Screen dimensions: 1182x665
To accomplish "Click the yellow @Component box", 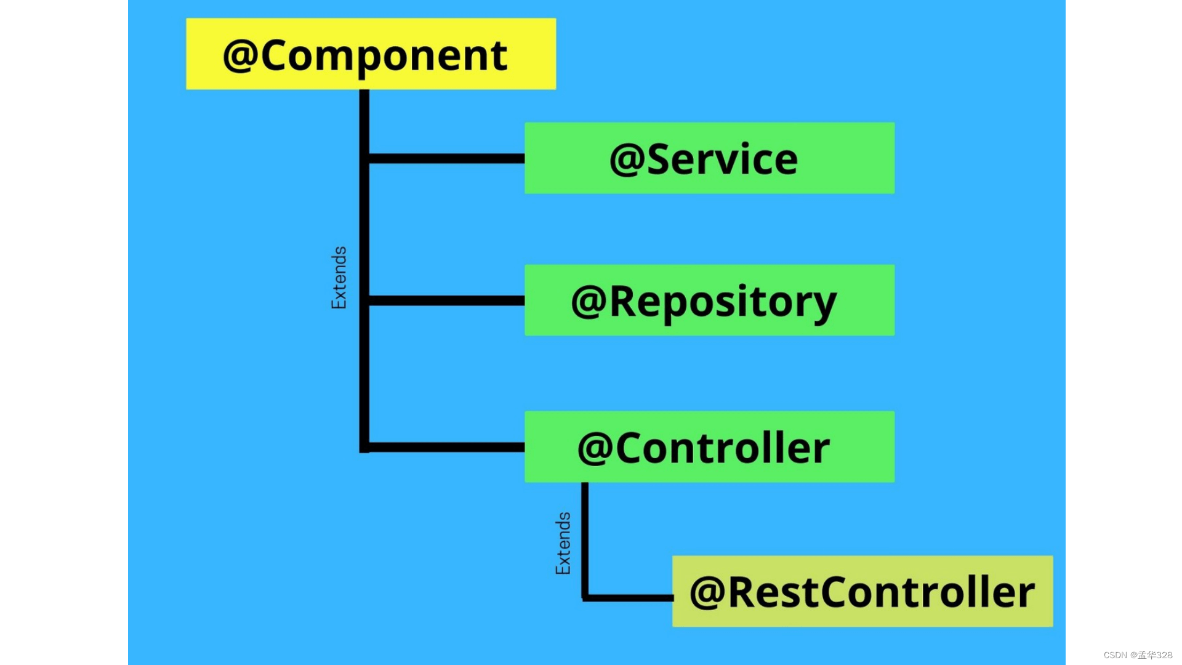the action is click(371, 54).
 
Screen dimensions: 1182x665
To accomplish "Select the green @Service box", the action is click(709, 158).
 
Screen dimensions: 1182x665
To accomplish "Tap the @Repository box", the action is click(709, 300).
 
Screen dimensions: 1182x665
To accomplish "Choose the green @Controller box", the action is click(709, 446).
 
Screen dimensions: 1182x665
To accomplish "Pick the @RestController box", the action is click(862, 591).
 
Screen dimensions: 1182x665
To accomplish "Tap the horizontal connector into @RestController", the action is click(628, 597).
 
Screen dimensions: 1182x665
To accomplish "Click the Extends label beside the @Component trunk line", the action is click(339, 278).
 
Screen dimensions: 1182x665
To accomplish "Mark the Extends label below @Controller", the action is click(563, 544).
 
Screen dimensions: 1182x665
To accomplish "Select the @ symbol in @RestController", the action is click(707, 593).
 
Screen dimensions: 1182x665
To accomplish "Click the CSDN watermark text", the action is click(1138, 655).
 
